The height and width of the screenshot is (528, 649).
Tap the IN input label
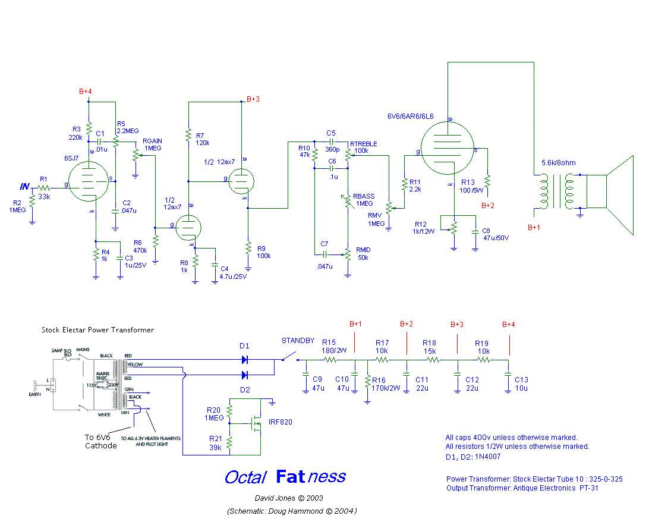pyautogui.click(x=24, y=187)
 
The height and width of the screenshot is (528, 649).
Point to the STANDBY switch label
pyautogui.click(x=298, y=341)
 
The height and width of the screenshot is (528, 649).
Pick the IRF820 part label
pyautogui.click(x=279, y=422)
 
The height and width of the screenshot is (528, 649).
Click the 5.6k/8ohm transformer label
pyautogui.click(x=558, y=163)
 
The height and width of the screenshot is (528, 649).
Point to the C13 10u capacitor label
pyautogui.click(x=521, y=384)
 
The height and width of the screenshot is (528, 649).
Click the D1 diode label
pyautogui.click(x=244, y=345)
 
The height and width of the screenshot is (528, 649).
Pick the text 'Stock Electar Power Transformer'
pyautogui.click(x=97, y=330)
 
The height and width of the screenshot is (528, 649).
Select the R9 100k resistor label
pyautogui.click(x=264, y=252)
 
